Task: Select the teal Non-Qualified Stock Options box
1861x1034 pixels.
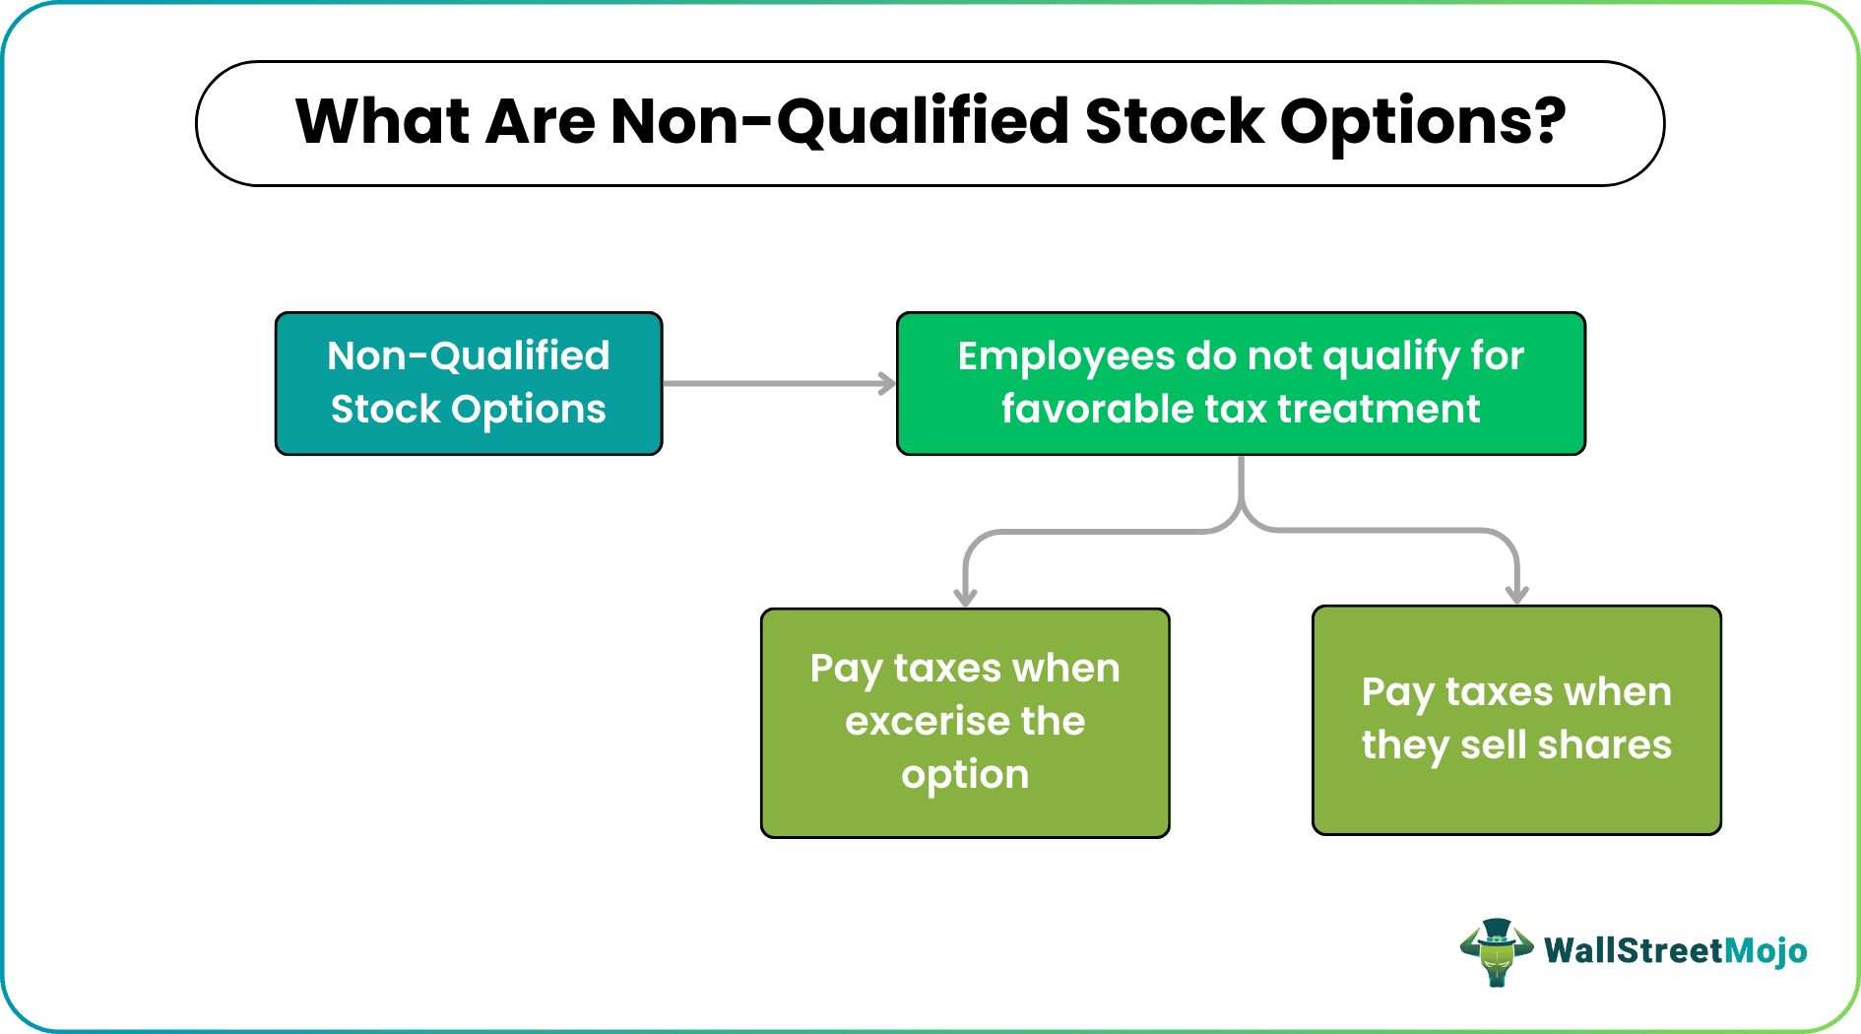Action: point(469,383)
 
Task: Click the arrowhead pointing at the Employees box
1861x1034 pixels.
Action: point(887,384)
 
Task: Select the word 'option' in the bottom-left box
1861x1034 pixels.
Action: point(965,775)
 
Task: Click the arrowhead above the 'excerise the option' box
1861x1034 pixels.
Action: point(965,597)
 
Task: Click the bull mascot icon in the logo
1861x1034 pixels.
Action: point(1496,951)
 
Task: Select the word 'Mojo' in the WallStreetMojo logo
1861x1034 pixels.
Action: point(1766,951)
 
